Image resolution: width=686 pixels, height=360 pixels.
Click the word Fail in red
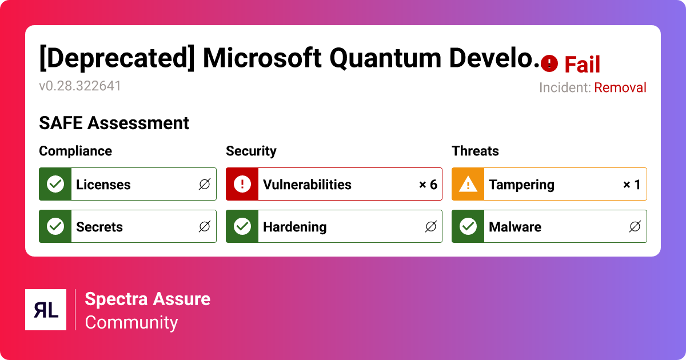click(582, 65)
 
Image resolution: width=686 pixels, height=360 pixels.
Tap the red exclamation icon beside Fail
click(549, 63)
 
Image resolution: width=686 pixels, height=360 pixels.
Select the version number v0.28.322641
click(80, 86)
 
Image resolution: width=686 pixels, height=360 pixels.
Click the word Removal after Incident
click(620, 87)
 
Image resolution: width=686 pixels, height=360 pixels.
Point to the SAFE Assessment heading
click(114, 123)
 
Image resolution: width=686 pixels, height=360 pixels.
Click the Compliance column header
click(75, 151)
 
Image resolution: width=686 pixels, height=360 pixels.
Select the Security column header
click(251, 151)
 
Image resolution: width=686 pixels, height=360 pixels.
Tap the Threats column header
click(475, 151)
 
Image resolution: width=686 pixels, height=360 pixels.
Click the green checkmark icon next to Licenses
click(55, 184)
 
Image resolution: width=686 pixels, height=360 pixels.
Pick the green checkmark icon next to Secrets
click(55, 226)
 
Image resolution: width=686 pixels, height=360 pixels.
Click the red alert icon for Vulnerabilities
click(242, 184)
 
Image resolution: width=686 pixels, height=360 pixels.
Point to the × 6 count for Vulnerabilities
click(428, 185)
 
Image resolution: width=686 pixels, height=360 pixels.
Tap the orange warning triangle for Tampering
click(468, 184)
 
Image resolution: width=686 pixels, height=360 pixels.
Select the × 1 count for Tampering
click(632, 185)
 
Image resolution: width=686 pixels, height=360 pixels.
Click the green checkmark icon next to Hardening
click(242, 226)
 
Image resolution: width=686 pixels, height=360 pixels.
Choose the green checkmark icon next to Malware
click(468, 226)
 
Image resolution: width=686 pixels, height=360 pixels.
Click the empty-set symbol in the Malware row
click(635, 227)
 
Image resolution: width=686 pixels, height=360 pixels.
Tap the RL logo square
click(46, 310)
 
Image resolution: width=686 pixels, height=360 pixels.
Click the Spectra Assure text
click(147, 299)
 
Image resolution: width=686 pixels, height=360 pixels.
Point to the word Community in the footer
click(131, 322)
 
